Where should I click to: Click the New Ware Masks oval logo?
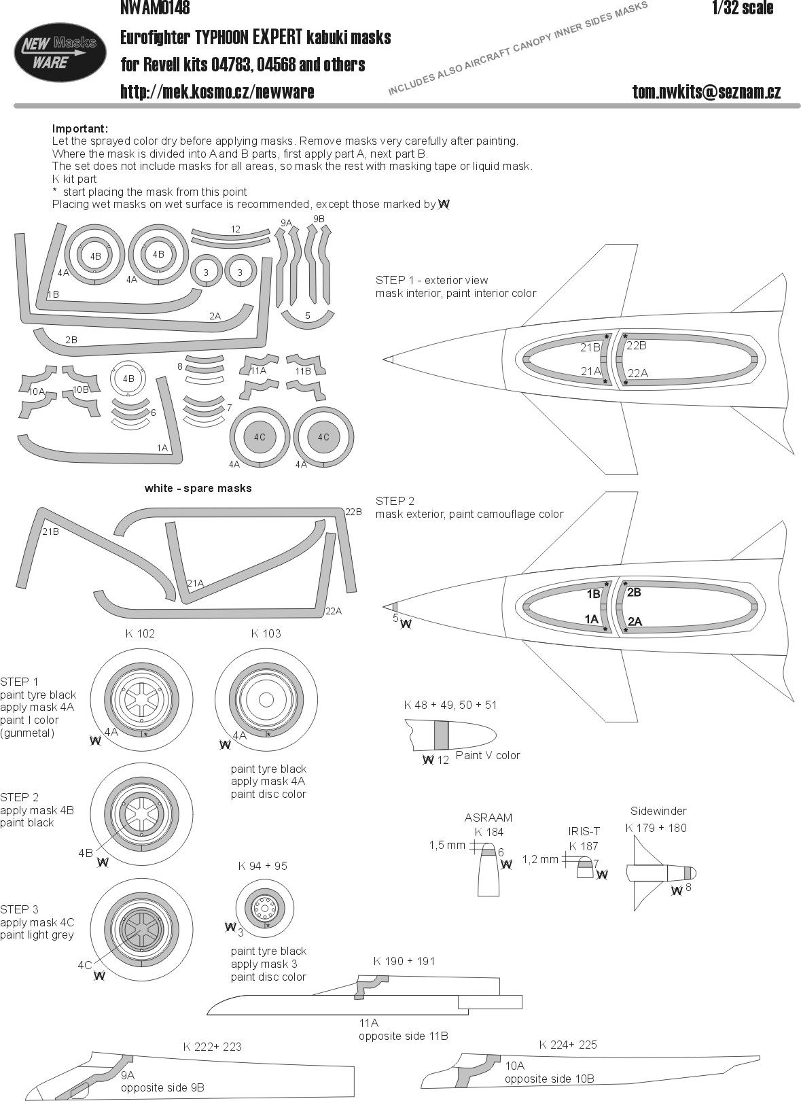pyautogui.click(x=60, y=52)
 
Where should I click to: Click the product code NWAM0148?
pyautogui.click(x=155, y=8)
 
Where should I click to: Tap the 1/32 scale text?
pyautogui.click(x=743, y=8)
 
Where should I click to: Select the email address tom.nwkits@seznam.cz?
pyautogui.click(x=706, y=92)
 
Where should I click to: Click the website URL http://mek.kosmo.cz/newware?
pyautogui.click(x=217, y=92)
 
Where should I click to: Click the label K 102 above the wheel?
pyautogui.click(x=140, y=633)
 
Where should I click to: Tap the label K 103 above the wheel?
pyautogui.click(x=266, y=633)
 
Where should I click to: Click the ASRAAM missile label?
pyautogui.click(x=488, y=818)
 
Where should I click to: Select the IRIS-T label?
pyautogui.click(x=584, y=831)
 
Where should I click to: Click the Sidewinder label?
pyautogui.click(x=658, y=811)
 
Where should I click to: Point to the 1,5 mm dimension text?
pyautogui.click(x=447, y=845)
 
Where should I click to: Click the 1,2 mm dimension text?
pyautogui.click(x=540, y=859)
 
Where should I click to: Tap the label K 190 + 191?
pyautogui.click(x=404, y=961)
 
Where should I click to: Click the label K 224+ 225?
pyautogui.click(x=568, y=1045)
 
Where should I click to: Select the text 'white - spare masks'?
pyautogui.click(x=198, y=488)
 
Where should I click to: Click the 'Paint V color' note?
pyautogui.click(x=488, y=755)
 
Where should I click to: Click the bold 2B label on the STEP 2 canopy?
pyautogui.click(x=634, y=592)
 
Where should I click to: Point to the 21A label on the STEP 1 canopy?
pyautogui.click(x=591, y=371)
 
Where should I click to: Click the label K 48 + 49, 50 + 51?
pyautogui.click(x=450, y=705)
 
